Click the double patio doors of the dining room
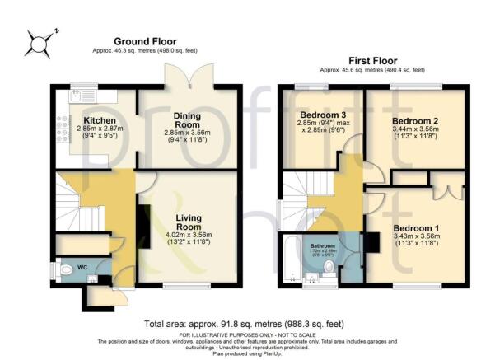pos(181,76)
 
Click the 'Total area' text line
pos(246,324)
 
